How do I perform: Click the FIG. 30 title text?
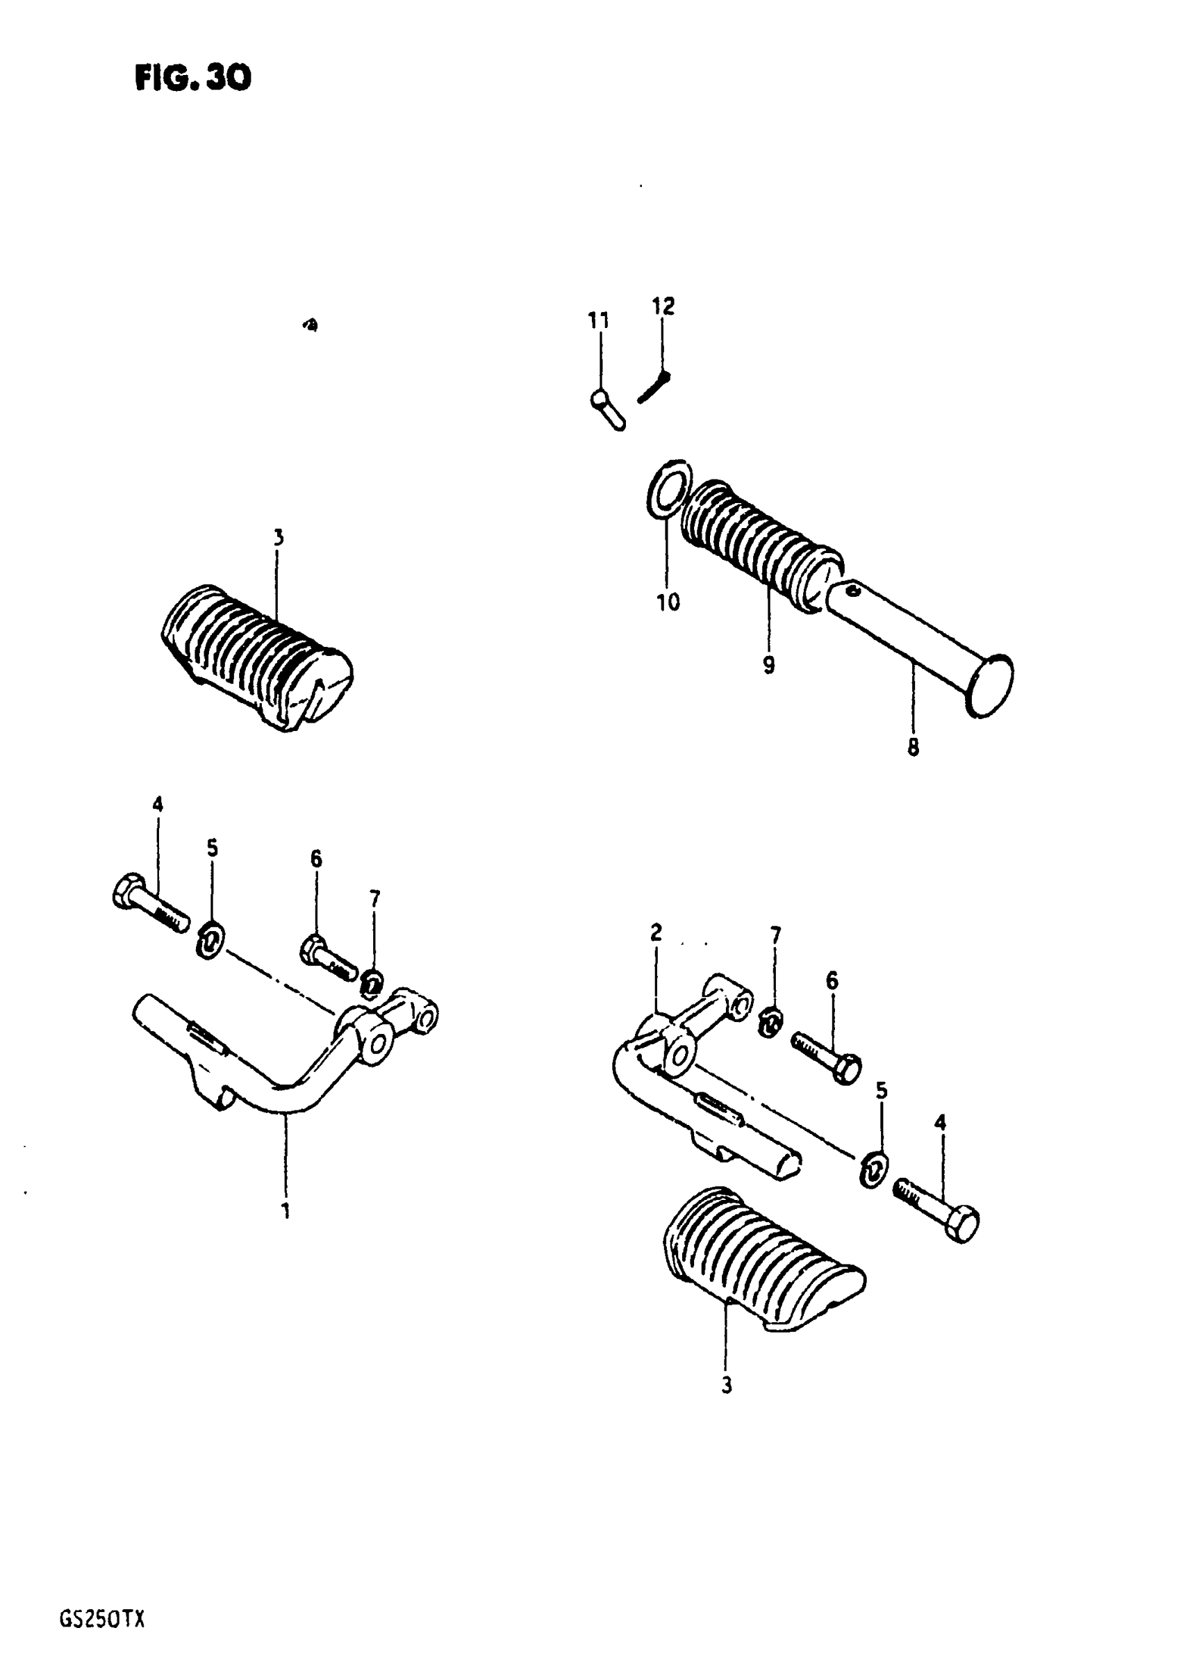pyautogui.click(x=193, y=76)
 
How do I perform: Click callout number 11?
pyautogui.click(x=599, y=320)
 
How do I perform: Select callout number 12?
pyautogui.click(x=663, y=306)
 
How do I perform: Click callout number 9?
pyautogui.click(x=769, y=665)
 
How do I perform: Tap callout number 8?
pyautogui.click(x=913, y=748)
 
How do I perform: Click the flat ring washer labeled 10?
pyautogui.click(x=670, y=489)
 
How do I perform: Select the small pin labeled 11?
pyautogui.click(x=607, y=409)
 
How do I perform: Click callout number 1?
pyautogui.click(x=286, y=1211)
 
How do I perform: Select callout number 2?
pyautogui.click(x=656, y=932)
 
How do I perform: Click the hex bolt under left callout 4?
pyautogui.click(x=150, y=901)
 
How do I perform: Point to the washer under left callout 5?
pyautogui.click(x=211, y=941)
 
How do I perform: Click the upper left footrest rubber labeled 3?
pyautogui.click(x=256, y=655)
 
